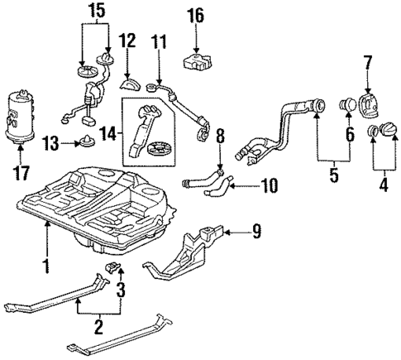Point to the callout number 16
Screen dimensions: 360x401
[195, 15]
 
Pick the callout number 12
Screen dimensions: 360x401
[127, 40]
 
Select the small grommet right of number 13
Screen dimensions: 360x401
[87, 142]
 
